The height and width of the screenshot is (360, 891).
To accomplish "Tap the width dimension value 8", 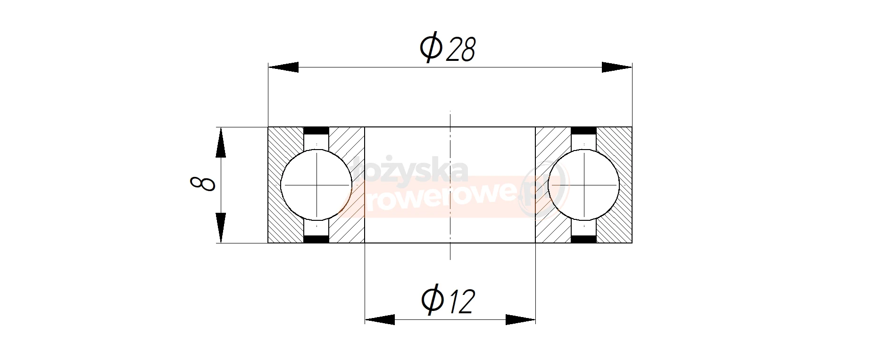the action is point(202,183).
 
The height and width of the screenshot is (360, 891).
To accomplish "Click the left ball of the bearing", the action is point(316,185).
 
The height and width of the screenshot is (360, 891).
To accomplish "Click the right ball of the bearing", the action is point(584,185).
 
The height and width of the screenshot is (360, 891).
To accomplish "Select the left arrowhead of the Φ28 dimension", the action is point(283,67).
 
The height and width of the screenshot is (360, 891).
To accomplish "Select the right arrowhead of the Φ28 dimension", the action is point(617,67).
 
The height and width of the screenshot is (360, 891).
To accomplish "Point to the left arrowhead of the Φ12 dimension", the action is point(380,319).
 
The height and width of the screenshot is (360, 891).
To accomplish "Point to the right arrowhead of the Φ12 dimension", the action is point(520,319).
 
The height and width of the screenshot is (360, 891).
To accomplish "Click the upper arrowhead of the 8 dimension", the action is point(220,142).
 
